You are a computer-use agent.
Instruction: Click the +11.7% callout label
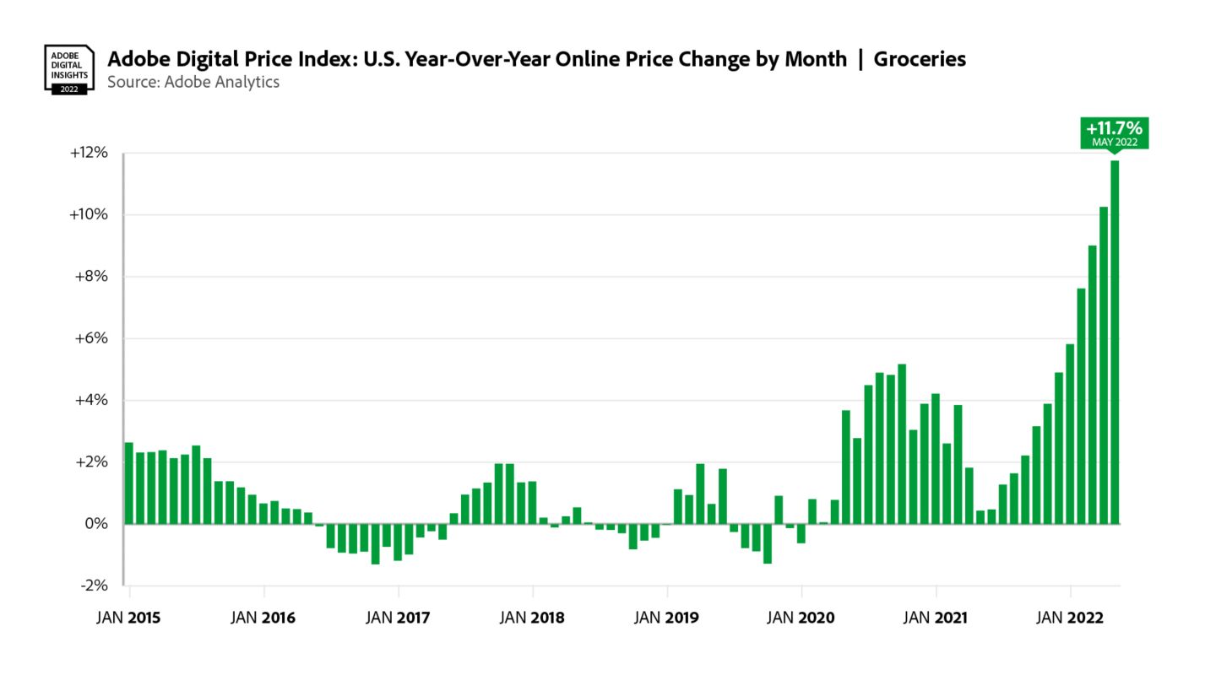(1114, 133)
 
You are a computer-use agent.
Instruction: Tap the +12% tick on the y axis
(89, 154)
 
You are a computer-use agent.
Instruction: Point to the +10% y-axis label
(89, 214)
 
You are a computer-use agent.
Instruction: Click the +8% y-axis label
(92, 277)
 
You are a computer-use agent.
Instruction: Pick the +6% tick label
(92, 338)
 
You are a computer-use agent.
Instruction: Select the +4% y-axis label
(92, 400)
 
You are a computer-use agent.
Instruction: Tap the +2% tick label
(92, 462)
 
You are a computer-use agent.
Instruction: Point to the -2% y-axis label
(94, 586)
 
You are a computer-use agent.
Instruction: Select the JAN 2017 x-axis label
(398, 618)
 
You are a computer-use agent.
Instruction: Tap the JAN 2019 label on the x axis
(666, 618)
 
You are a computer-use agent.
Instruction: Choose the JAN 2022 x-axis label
(1070, 618)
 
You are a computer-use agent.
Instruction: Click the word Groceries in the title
(920, 59)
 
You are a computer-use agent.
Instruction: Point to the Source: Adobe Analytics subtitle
(193, 82)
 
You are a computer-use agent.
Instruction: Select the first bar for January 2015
(129, 483)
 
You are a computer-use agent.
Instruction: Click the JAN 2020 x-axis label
(801, 618)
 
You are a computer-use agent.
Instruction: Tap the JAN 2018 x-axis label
(532, 618)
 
